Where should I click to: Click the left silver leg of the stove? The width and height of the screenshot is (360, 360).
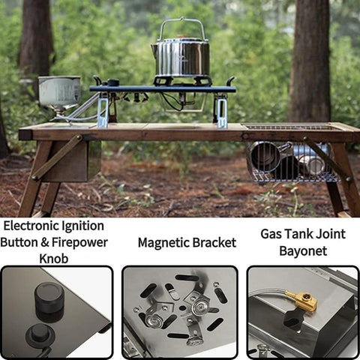coord(103,112)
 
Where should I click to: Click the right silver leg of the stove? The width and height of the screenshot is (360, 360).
coord(222,113)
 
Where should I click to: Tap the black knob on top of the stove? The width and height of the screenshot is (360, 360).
coord(113,82)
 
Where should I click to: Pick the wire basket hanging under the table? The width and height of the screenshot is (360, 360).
coord(293,162)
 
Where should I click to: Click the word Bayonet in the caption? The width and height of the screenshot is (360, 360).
coord(303,251)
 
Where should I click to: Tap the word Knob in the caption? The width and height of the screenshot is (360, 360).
coord(54,259)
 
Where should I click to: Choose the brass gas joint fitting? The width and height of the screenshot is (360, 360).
coord(303,300)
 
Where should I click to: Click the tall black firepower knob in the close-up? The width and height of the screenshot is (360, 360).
coord(49,302)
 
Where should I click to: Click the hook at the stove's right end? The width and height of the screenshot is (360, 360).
coord(230,81)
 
